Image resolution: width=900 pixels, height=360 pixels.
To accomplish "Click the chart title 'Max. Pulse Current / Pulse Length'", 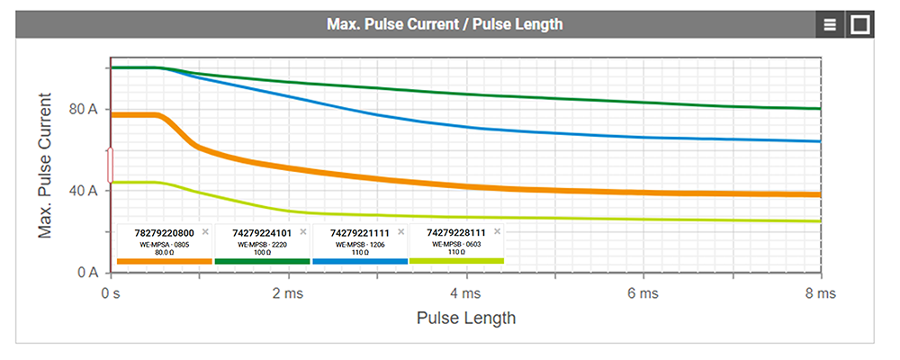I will coord(445,24).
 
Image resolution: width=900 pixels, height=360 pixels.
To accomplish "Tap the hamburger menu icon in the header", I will coord(830,24).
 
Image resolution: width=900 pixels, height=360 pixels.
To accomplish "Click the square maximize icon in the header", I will coord(859,24).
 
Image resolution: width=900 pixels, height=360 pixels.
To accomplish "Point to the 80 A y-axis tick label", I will coord(80,109).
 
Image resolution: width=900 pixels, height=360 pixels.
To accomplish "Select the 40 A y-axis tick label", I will coord(80,191).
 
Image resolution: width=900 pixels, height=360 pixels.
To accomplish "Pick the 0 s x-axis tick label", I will coord(110,293).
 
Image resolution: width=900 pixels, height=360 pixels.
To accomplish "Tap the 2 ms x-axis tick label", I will coord(287,293).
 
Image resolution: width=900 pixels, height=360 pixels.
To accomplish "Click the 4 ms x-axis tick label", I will coord(465,293).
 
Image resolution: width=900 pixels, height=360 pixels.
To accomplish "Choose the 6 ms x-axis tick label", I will coord(643,293).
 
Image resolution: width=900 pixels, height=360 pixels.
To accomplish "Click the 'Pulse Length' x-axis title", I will coord(465,318).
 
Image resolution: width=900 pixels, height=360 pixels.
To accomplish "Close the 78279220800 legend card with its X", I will coord(205,231).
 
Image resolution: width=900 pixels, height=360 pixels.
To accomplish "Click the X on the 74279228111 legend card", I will coord(497,231).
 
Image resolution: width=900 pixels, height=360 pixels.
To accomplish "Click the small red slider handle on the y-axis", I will coord(110,165).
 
